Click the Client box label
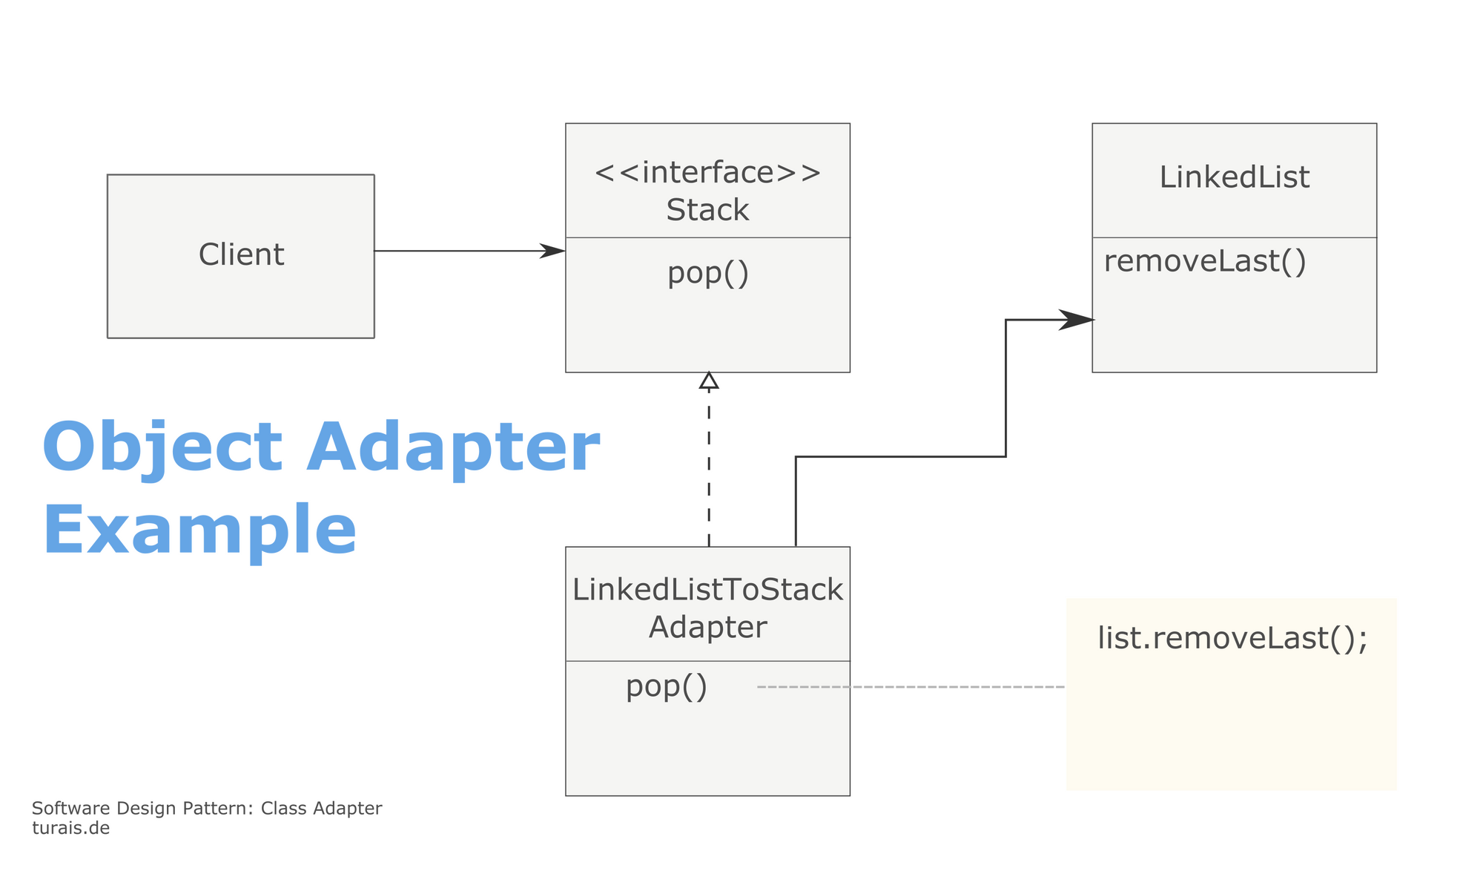[241, 254]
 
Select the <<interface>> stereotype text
[708, 173]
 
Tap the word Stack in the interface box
[707, 210]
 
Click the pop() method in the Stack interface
[708, 274]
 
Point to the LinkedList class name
[1234, 177]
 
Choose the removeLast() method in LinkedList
[1205, 262]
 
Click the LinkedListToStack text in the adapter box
[707, 590]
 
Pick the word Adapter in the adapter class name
[707, 628]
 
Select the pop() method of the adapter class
[667, 686]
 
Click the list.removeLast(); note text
[1232, 639]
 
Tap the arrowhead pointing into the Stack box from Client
[552, 251]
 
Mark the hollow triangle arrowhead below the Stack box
[709, 381]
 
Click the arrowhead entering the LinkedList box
[1076, 320]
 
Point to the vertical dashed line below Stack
[709, 468]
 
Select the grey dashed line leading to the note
[911, 687]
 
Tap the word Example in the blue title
[199, 530]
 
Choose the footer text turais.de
[70, 828]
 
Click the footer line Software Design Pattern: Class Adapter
[207, 809]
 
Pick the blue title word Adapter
[453, 448]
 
